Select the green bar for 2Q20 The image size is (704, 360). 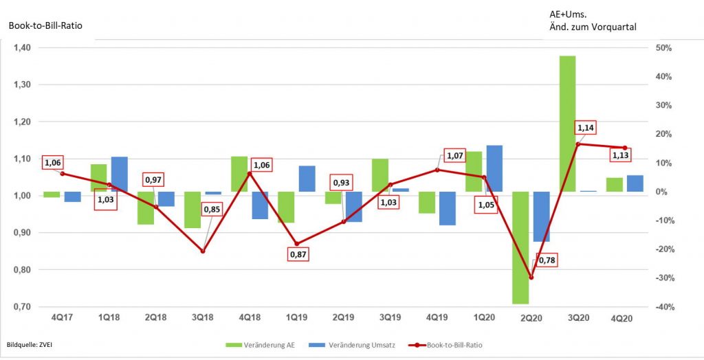(520, 247)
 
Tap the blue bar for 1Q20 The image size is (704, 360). (494, 168)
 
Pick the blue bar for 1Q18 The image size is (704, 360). (119, 175)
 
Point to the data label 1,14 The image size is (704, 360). (585, 128)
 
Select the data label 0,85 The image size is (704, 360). (211, 209)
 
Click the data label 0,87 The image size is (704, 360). (300, 254)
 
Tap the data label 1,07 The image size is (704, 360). (455, 155)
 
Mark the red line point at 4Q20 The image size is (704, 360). (625, 148)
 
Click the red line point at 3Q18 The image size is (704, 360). (203, 251)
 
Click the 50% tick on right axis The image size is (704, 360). (663, 47)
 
